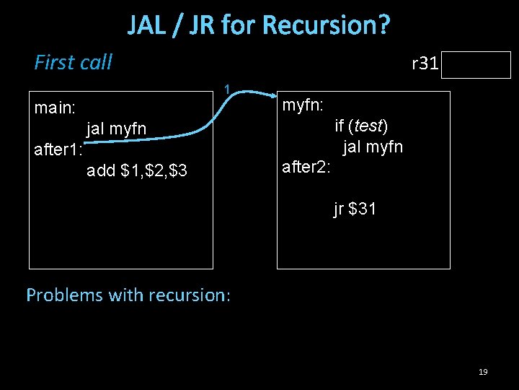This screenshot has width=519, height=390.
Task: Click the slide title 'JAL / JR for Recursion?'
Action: tap(259, 25)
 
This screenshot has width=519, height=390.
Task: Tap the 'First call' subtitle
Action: tap(73, 63)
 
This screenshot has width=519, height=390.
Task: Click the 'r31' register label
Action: tap(425, 64)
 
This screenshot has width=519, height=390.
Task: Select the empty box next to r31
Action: tap(477, 65)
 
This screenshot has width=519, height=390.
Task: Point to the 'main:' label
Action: tap(55, 108)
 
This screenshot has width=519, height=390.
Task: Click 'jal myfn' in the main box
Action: tap(116, 129)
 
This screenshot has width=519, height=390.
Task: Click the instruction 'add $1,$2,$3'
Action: tap(136, 171)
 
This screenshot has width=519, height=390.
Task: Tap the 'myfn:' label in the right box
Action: tap(302, 105)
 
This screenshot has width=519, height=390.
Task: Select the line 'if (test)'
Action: tap(361, 126)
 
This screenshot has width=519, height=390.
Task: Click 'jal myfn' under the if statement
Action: tap(372, 147)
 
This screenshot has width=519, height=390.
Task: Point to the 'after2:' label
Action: tap(306, 168)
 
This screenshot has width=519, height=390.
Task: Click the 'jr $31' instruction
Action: tap(354, 210)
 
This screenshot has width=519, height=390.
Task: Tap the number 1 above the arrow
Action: tap(226, 90)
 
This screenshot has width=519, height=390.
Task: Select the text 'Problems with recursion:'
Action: tap(128, 295)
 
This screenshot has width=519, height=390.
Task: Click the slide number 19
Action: tap(483, 372)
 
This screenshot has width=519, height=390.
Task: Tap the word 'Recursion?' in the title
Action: tap(327, 25)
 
